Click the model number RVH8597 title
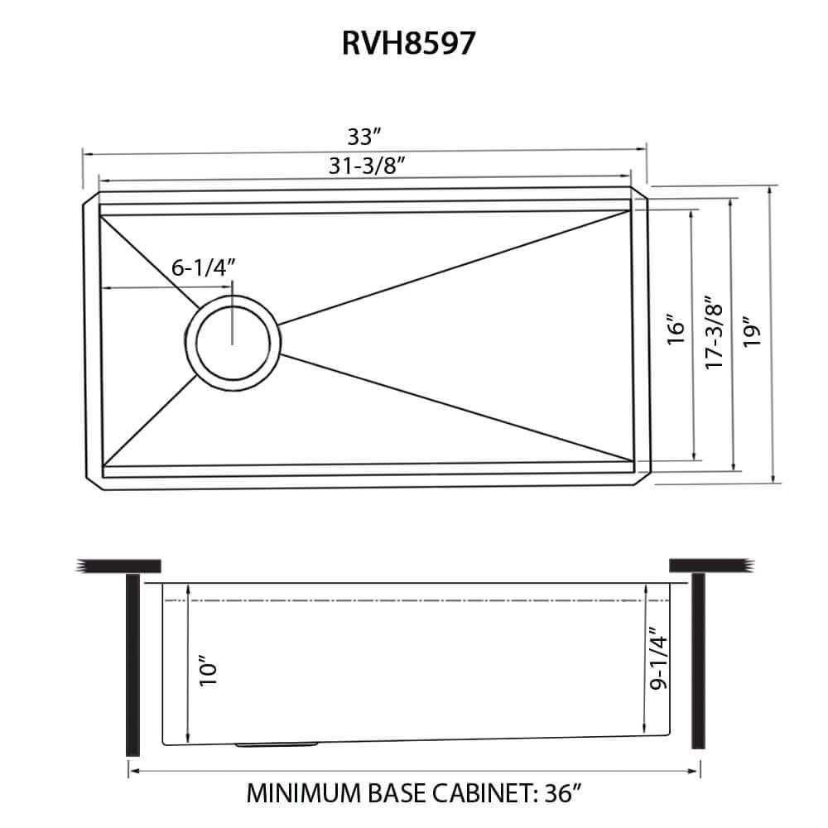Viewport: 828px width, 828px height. click(x=409, y=43)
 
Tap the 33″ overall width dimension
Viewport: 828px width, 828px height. click(x=364, y=135)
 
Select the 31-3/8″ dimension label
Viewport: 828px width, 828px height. click(x=365, y=166)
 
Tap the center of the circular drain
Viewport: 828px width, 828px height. click(x=233, y=342)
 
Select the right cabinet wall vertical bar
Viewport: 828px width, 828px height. click(x=697, y=662)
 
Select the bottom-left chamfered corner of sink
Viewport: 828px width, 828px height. click(x=93, y=481)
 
